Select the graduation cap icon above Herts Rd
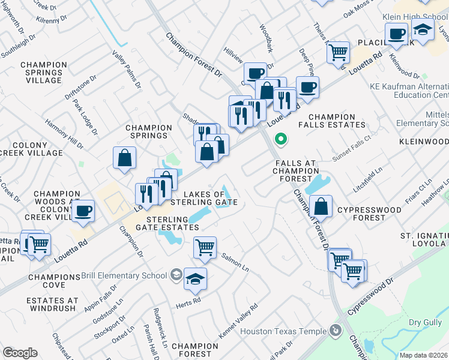[195, 278]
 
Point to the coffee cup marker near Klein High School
[396, 34]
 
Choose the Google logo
[20, 353]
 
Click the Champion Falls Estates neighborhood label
[336, 121]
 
